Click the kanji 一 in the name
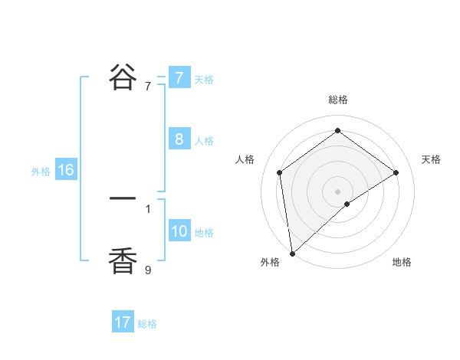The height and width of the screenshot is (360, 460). (123, 199)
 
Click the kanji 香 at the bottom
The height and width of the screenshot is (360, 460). (123, 261)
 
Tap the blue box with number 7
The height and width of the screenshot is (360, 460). (179, 77)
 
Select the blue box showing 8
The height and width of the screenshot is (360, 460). (179, 139)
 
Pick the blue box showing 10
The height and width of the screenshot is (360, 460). (179, 231)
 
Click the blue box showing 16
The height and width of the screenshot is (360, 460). (65, 170)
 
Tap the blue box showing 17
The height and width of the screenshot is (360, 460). (123, 322)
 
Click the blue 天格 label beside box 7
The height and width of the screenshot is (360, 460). (204, 79)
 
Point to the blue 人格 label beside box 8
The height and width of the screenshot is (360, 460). (204, 141)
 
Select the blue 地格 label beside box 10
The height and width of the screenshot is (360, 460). (204, 233)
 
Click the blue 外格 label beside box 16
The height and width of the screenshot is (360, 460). (41, 172)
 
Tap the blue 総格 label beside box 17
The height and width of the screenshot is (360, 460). (147, 324)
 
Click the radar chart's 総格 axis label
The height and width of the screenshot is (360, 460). (337, 100)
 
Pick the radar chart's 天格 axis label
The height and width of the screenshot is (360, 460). (431, 159)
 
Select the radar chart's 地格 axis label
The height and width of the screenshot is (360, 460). (402, 263)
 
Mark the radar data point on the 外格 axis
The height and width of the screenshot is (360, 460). (291, 253)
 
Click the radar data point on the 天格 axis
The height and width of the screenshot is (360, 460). (396, 172)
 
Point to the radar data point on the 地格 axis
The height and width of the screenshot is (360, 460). (347, 204)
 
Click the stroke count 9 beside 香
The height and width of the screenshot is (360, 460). (148, 269)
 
